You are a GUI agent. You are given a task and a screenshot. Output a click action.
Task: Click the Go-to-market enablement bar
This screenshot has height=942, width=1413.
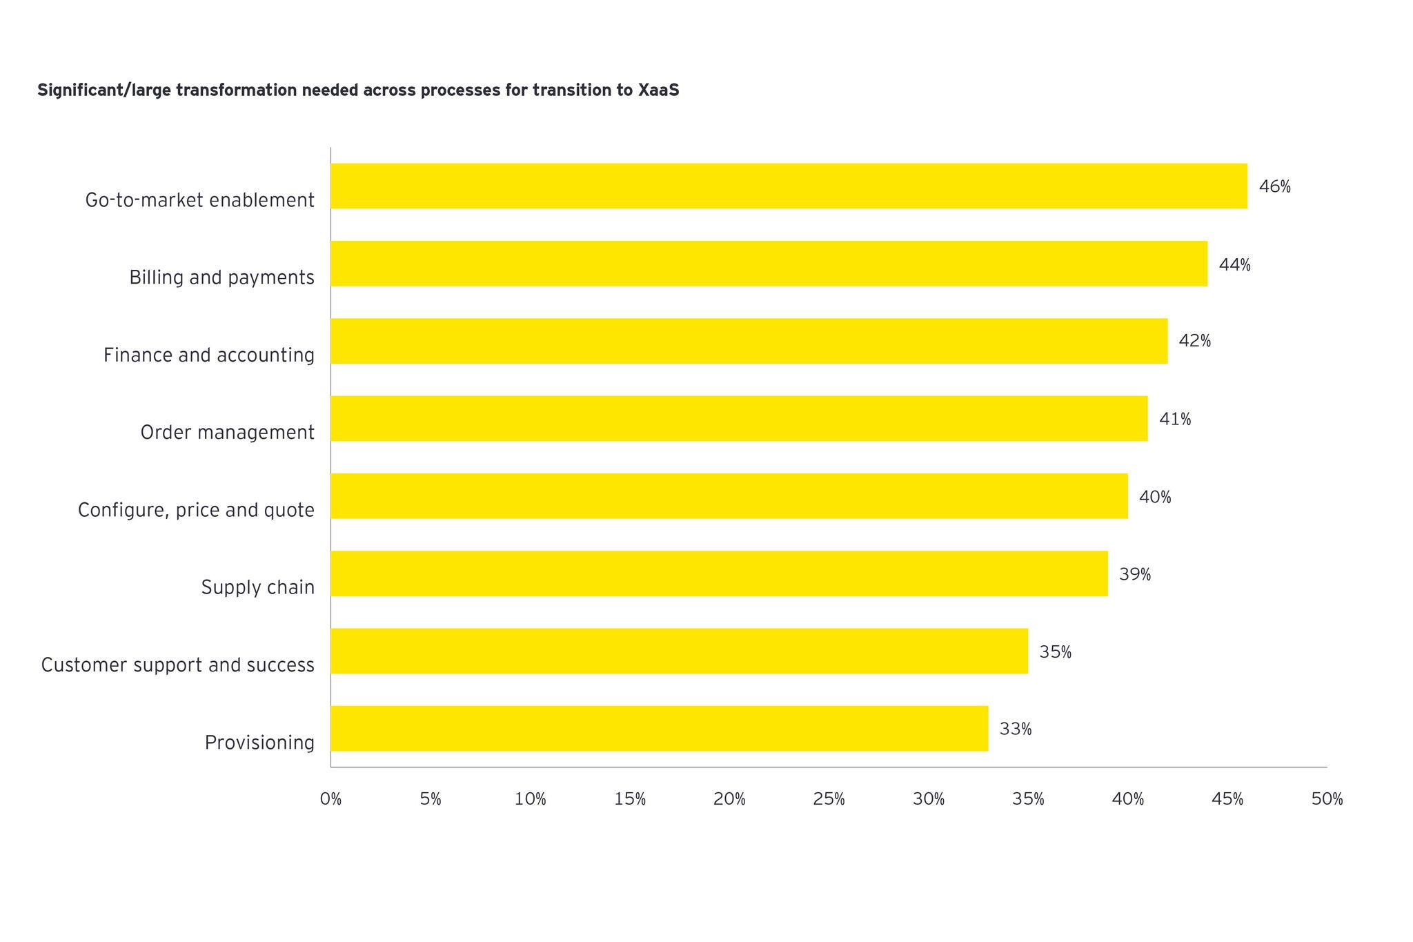coord(789,186)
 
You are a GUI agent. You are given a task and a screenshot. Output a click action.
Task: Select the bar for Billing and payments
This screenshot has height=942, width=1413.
coord(769,264)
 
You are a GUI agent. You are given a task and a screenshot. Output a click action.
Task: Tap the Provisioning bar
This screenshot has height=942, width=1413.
coord(659,729)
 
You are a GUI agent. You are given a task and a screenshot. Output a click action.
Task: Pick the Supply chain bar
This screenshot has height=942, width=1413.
coord(719,573)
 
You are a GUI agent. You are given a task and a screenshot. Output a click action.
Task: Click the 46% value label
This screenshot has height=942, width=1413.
coord(1274,187)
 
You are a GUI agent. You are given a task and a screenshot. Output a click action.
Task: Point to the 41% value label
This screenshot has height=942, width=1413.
coord(1175,420)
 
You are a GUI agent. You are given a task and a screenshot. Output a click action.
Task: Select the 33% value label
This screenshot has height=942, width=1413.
coord(1016,729)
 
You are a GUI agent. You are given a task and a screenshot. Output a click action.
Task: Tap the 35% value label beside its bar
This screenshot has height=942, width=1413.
coord(1055,652)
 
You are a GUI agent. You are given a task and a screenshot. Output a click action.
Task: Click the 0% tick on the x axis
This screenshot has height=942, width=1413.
coord(330,799)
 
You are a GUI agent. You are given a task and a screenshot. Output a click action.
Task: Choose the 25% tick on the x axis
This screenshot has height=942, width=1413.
coord(829,799)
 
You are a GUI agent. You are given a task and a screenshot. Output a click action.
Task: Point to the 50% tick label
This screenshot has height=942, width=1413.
coord(1327,799)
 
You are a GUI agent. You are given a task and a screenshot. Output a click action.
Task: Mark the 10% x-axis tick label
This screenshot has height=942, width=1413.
coord(530,799)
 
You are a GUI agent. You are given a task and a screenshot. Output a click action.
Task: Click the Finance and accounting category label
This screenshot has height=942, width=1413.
coord(209,355)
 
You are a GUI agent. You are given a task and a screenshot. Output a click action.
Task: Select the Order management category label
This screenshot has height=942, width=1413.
coord(227,433)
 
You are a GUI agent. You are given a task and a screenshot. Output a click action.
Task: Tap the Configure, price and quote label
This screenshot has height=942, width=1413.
coord(196,511)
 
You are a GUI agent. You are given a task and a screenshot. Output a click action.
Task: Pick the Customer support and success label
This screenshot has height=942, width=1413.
coord(177,665)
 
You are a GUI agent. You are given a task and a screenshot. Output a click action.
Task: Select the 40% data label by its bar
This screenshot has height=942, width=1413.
coord(1155,497)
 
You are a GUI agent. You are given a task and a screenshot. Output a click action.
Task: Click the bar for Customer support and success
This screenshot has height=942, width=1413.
coord(679,651)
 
